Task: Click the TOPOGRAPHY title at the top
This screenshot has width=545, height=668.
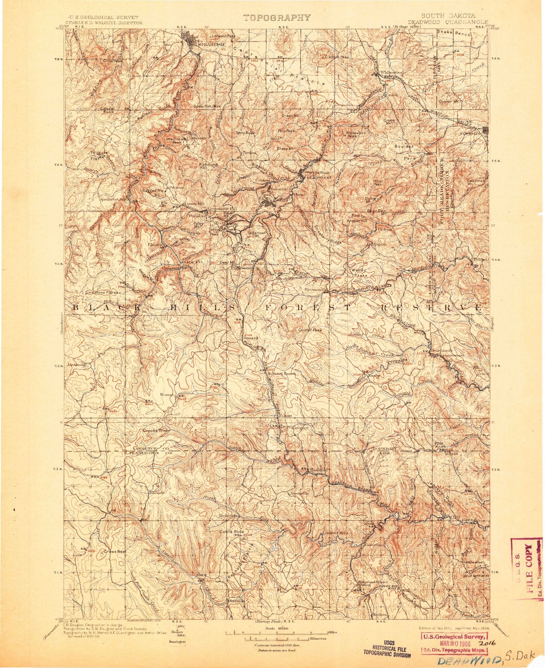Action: (277, 17)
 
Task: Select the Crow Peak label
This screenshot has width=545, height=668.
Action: (112, 61)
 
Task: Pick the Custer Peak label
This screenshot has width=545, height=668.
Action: (310, 330)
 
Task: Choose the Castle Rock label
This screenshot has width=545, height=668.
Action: (231, 532)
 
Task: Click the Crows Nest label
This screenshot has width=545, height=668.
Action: (115, 551)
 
